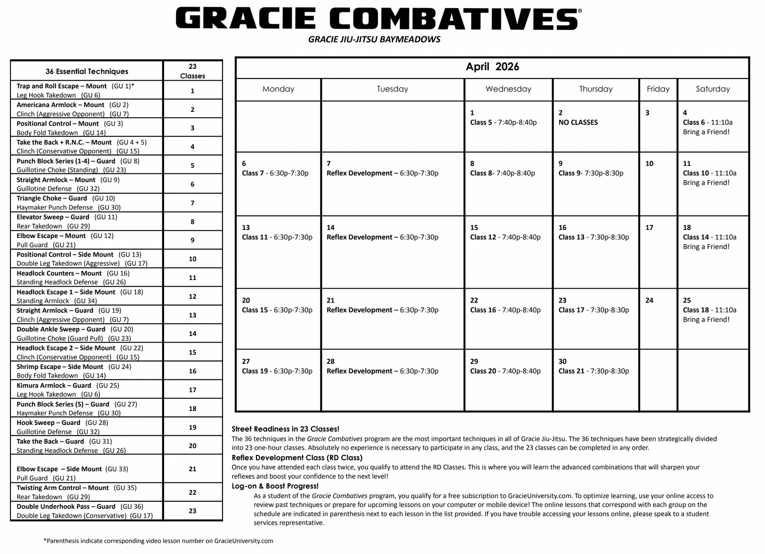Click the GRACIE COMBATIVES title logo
pyautogui.click(x=378, y=19)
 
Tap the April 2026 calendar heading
pyautogui.click(x=492, y=67)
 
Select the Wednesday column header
pyautogui.click(x=508, y=89)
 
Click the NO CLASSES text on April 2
pyautogui.click(x=578, y=122)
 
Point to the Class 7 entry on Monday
pyautogui.click(x=275, y=173)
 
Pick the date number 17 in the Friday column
pyautogui.click(x=649, y=228)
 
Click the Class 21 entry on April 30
pyautogui.click(x=594, y=371)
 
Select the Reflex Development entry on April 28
pyautogui.click(x=382, y=371)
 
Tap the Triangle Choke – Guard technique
pyautogui.click(x=52, y=198)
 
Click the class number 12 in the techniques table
pyautogui.click(x=192, y=296)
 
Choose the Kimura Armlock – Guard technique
pyautogui.click(x=54, y=385)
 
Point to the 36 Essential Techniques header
pyautogui.click(x=87, y=71)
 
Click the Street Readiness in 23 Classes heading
pyautogui.click(x=285, y=429)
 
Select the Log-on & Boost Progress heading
pyautogui.click(x=275, y=486)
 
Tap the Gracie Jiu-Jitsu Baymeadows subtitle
pyautogui.click(x=374, y=39)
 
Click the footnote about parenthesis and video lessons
pyautogui.click(x=158, y=541)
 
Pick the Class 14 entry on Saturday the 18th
pyautogui.click(x=710, y=237)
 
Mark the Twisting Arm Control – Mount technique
pyautogui.click(x=63, y=488)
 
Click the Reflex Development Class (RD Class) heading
pyautogui.click(x=297, y=457)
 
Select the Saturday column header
pyautogui.click(x=713, y=89)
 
